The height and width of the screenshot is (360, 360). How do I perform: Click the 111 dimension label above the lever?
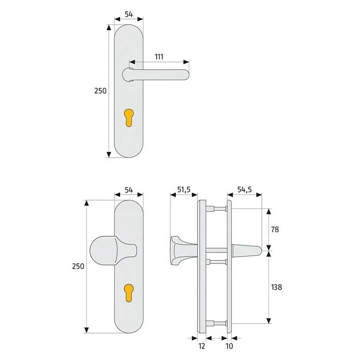159,57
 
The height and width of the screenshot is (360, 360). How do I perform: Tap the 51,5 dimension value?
184,190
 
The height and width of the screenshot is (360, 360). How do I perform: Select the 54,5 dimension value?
245,190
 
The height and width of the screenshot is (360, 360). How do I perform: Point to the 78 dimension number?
275,229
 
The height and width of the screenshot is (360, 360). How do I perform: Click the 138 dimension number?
276,287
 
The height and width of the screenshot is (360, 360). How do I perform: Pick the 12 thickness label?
202,346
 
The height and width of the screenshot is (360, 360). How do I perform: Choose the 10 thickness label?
229,346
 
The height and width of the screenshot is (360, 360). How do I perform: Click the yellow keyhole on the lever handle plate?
129,117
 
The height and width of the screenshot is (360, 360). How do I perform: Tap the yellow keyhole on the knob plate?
129,293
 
